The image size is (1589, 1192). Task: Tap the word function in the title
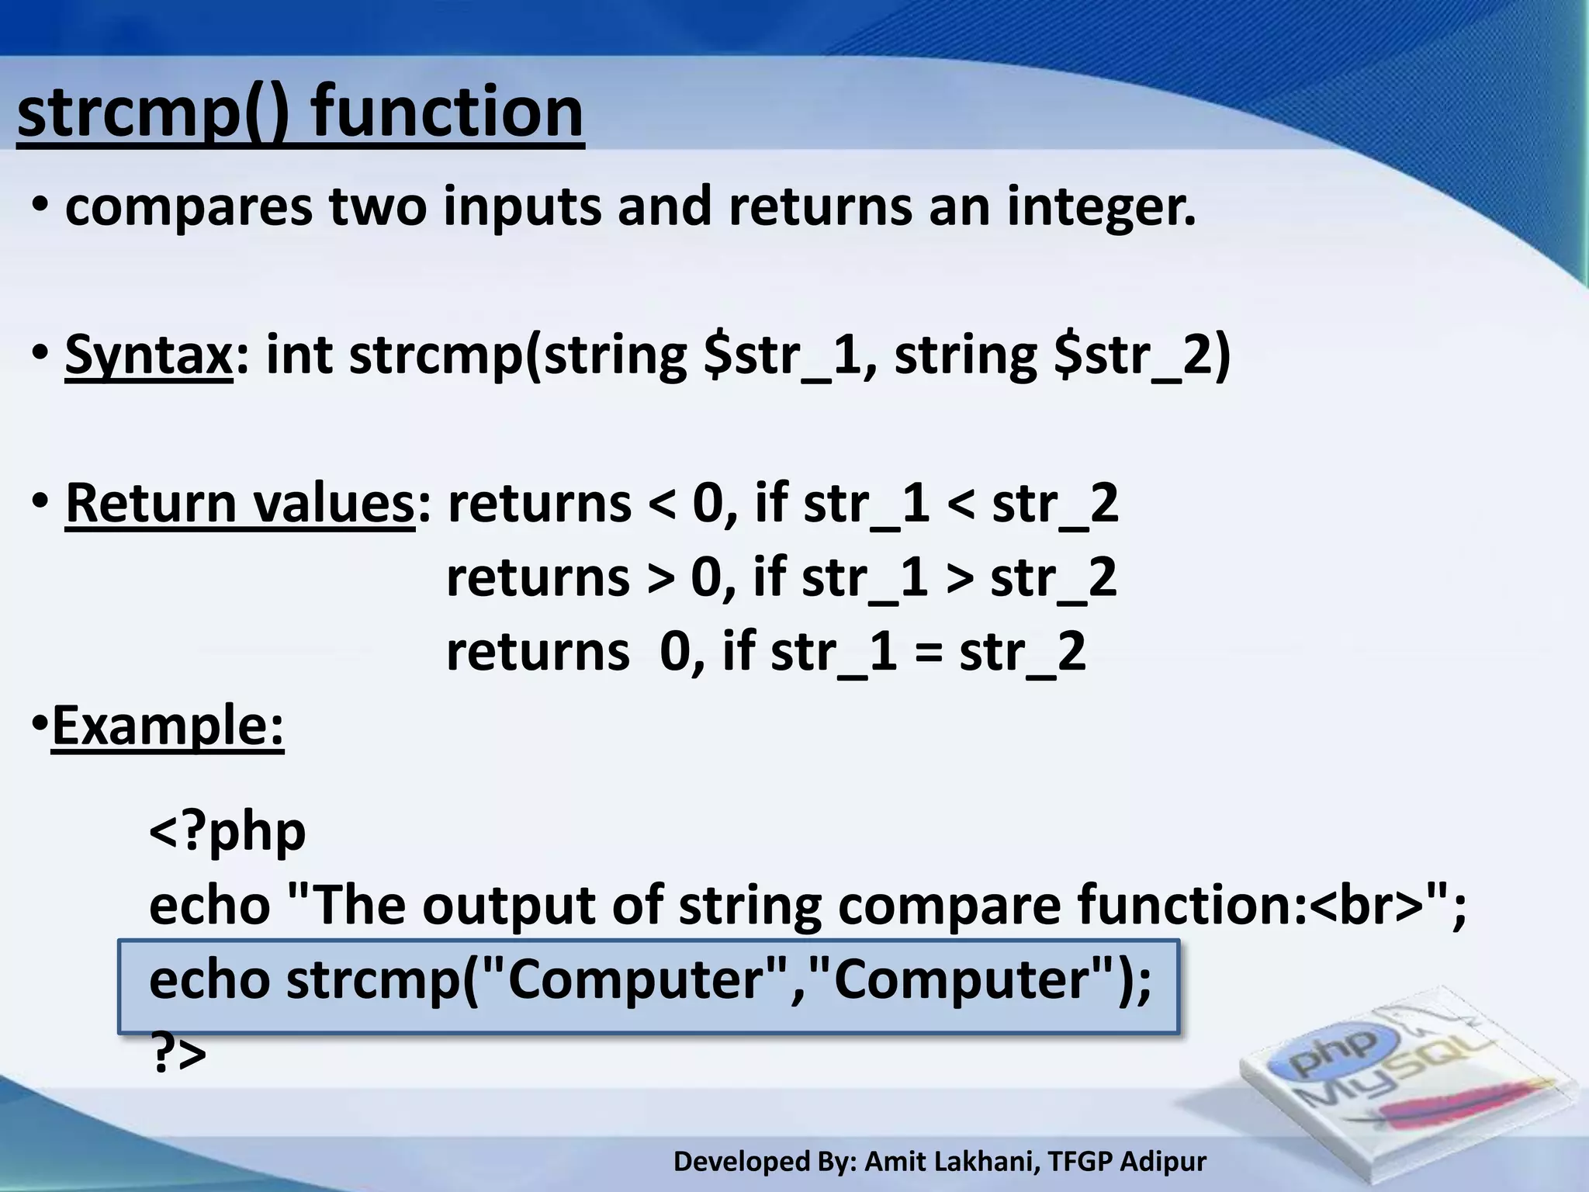click(447, 113)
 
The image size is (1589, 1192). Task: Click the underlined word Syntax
click(148, 355)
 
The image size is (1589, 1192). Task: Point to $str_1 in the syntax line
click(789, 355)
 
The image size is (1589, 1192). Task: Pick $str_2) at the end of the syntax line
click(1142, 355)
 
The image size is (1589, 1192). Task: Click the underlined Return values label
click(240, 504)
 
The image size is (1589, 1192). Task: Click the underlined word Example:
click(168, 726)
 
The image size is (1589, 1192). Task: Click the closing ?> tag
click(178, 1054)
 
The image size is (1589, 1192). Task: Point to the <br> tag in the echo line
click(1368, 906)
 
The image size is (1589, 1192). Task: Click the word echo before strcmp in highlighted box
click(209, 979)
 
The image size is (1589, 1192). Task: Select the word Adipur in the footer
click(1163, 1162)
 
